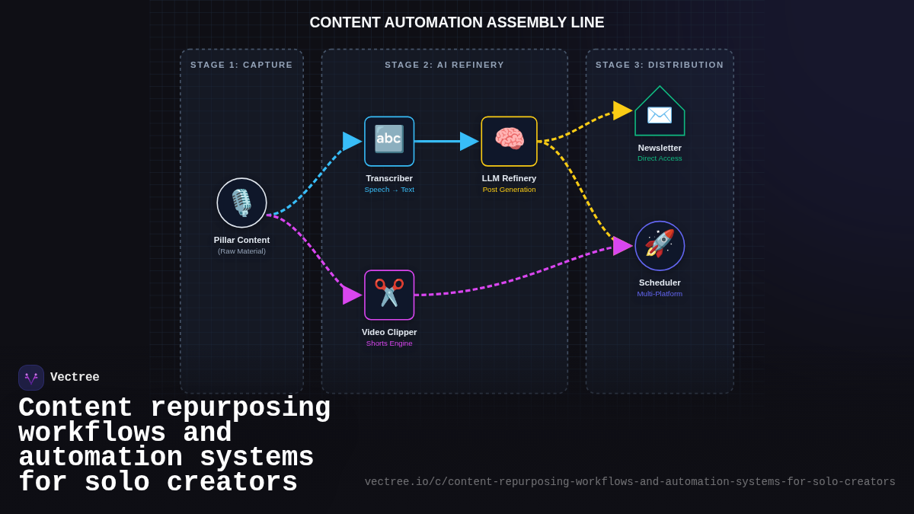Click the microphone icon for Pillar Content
click(x=241, y=203)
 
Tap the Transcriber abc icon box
click(x=389, y=141)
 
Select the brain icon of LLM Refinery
click(x=509, y=141)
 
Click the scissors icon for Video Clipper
click(x=389, y=295)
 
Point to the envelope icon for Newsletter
click(x=660, y=115)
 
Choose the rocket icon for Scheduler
click(x=660, y=245)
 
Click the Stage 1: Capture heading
click(x=241, y=65)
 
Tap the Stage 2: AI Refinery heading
click(x=444, y=65)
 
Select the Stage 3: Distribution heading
click(x=660, y=65)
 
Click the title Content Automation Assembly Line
click(x=457, y=23)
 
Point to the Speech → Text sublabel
click(x=389, y=190)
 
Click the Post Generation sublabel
click(x=509, y=190)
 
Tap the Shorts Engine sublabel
click(x=389, y=343)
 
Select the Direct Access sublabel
click(x=660, y=158)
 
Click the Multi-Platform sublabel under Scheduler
click(x=660, y=294)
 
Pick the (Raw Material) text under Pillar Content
click(x=241, y=251)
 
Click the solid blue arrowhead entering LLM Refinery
click(x=468, y=141)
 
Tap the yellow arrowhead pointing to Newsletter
click(x=622, y=110)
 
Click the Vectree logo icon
click(x=31, y=378)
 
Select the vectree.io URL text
click(x=629, y=482)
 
